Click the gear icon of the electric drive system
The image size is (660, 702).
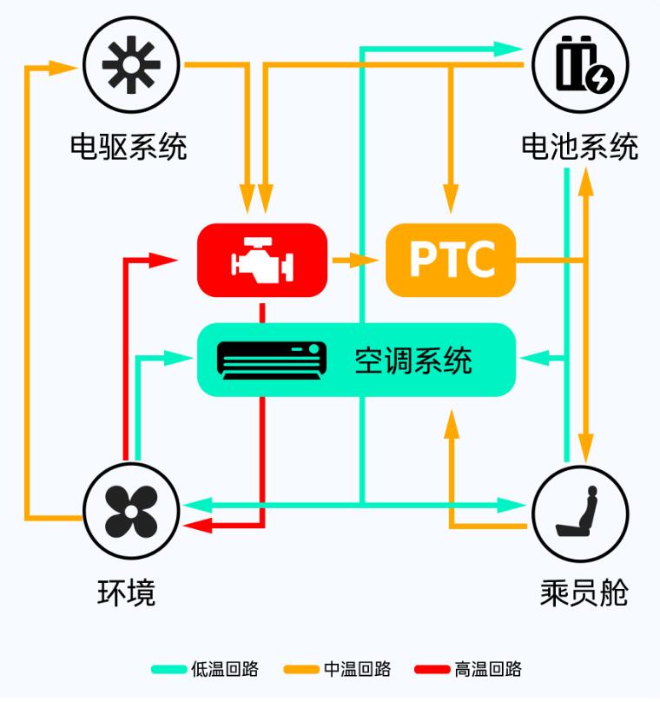point(131,65)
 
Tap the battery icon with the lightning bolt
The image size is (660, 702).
point(584,64)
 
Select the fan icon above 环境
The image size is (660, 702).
point(131,512)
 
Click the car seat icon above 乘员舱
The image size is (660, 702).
point(577,512)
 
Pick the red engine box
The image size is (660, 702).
point(262,260)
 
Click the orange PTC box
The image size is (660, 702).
point(451,260)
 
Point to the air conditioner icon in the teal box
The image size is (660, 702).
point(272,361)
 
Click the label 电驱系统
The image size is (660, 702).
point(129,147)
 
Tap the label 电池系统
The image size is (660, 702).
point(580,147)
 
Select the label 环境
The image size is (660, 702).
point(127,593)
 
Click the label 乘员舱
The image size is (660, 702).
point(584,593)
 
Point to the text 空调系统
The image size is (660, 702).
point(413,361)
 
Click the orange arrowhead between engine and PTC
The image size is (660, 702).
point(364,260)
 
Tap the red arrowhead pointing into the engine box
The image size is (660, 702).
point(163,260)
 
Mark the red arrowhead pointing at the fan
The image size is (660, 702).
point(197,525)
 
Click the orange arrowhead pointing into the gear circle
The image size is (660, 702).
point(63,68)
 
